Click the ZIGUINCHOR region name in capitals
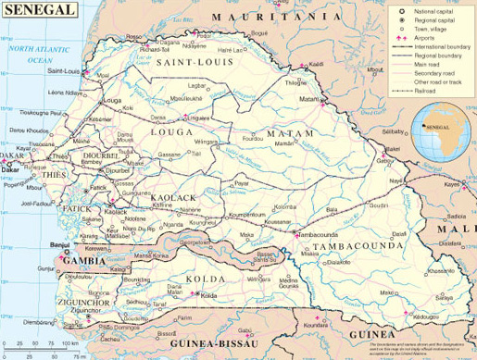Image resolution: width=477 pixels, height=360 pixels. pyautogui.click(x=78, y=303)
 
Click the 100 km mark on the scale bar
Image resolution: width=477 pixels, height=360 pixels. pyautogui.click(x=67, y=344)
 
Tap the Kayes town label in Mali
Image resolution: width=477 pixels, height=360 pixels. pyautogui.click(x=453, y=184)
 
